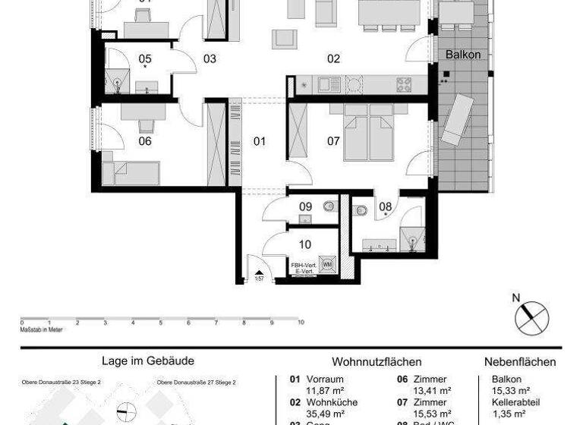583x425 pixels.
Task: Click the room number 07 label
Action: [333, 140]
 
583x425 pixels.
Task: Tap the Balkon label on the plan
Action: [463, 55]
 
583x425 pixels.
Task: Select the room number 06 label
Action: [144, 140]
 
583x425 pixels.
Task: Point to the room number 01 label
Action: [260, 140]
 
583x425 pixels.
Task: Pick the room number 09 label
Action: [305, 206]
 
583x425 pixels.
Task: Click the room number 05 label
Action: [144, 58]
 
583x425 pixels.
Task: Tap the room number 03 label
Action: [210, 58]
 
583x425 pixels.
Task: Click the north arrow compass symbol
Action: [531, 316]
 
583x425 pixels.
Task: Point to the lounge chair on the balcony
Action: [459, 121]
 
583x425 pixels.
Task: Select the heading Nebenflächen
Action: [520, 362]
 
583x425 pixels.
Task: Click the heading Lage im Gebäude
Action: [148, 362]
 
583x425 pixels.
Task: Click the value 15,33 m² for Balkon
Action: [509, 391]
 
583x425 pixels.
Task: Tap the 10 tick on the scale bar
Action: [301, 323]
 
